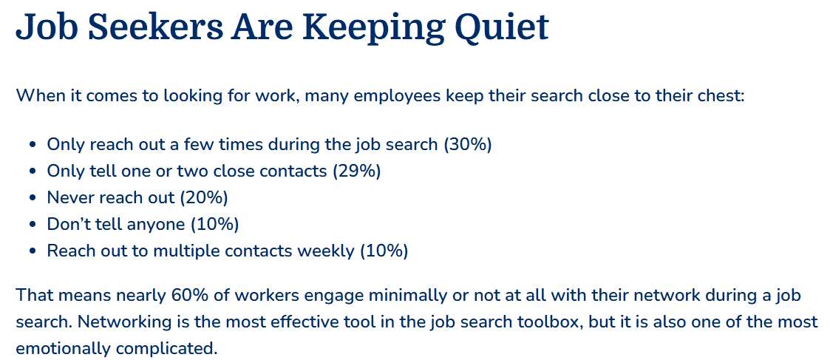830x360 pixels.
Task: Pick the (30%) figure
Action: (468, 145)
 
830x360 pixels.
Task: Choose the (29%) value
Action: (356, 171)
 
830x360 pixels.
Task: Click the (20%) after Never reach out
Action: (204, 198)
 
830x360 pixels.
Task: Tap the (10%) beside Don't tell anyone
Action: (214, 225)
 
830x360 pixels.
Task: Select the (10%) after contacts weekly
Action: (384, 251)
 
